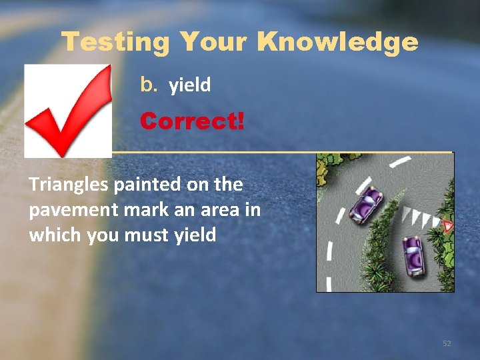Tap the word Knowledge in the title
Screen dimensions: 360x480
[x=337, y=43]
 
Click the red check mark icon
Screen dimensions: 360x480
[x=68, y=110]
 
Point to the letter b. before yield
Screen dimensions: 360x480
[x=147, y=85]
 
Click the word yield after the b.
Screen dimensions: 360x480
[x=190, y=85]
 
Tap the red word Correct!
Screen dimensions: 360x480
[x=192, y=121]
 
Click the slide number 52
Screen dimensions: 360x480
[x=447, y=343]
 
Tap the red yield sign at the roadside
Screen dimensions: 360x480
[x=448, y=227]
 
